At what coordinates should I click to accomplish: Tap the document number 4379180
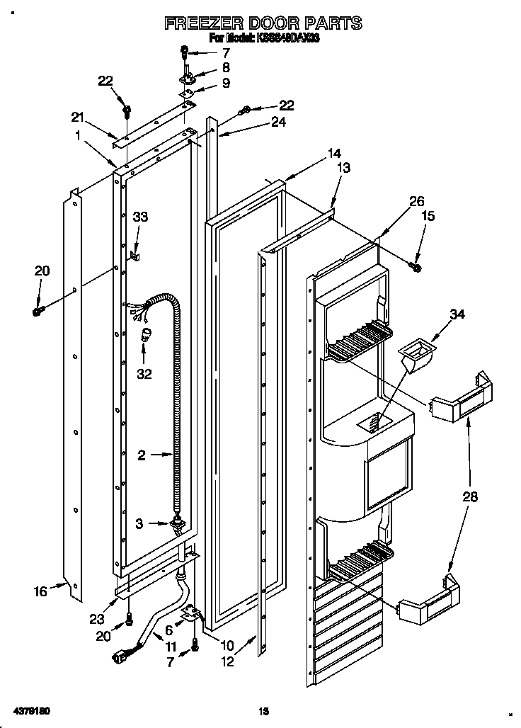[x=30, y=709]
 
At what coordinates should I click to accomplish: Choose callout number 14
[x=334, y=152]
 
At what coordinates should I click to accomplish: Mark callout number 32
[x=144, y=374]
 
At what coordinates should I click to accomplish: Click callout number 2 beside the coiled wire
[x=142, y=456]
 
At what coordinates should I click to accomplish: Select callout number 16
[x=41, y=591]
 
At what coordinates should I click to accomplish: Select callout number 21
[x=77, y=117]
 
